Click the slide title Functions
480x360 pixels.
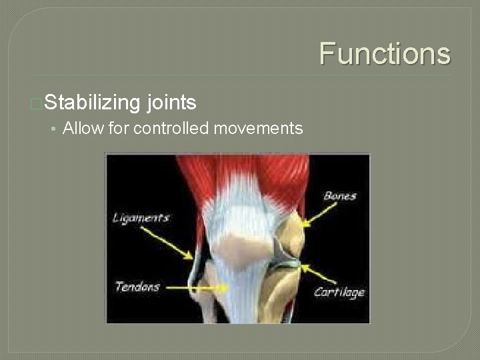click(x=385, y=53)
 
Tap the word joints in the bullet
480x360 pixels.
click(x=172, y=103)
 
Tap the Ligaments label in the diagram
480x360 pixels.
click(x=141, y=218)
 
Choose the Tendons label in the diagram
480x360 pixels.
click(x=138, y=287)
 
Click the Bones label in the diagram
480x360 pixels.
click(x=340, y=196)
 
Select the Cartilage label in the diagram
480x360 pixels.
click(x=339, y=292)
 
